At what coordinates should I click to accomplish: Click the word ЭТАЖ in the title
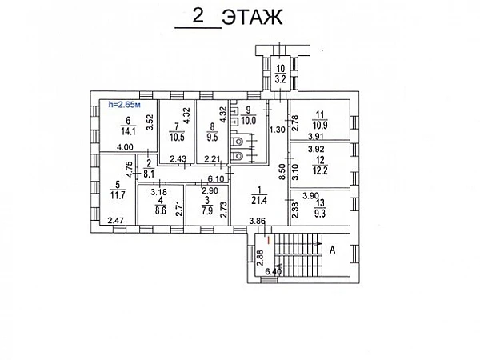pos(253,17)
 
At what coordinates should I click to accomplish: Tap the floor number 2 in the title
pos(196,16)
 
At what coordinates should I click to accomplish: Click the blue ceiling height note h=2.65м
pos(124,104)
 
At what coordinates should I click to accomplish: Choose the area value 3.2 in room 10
pos(281,79)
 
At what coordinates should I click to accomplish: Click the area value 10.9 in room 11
pos(321,125)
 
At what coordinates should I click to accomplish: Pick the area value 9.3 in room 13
pos(320,214)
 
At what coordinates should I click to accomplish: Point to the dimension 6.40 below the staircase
pos(274,271)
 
